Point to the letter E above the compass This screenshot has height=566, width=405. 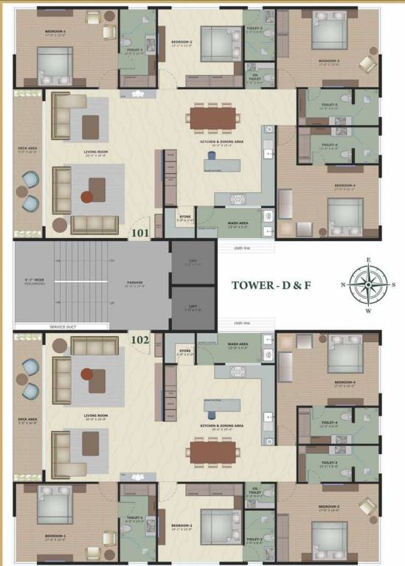pos(369,260)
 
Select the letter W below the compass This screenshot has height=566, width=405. pos(369,311)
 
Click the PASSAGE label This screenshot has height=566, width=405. pos(134,282)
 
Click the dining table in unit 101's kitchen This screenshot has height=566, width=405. pos(213,116)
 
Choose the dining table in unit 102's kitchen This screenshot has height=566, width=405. pos(212,451)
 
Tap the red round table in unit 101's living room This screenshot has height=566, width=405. pos(87,197)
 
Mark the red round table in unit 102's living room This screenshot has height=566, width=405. pos(88,374)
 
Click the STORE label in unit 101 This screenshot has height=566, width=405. pos(184,217)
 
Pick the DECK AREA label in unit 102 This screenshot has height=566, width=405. pos(28,422)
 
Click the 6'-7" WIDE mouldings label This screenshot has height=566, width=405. pos(34,281)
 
